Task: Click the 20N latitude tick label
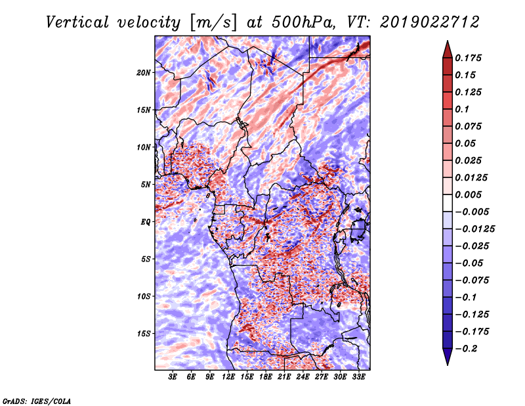(x=144, y=73)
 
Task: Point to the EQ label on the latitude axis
(x=146, y=222)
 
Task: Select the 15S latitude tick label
(x=144, y=334)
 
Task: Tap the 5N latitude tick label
(x=146, y=185)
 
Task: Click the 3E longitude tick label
(x=173, y=377)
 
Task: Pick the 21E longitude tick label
(x=284, y=377)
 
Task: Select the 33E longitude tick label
(x=358, y=377)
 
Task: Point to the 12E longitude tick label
(x=228, y=377)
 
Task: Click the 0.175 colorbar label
(x=468, y=58)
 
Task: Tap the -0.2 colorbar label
(x=466, y=349)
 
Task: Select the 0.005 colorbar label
(x=468, y=194)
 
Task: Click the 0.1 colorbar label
(x=462, y=109)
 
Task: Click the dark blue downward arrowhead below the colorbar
(x=448, y=357)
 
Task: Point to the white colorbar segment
(x=448, y=203)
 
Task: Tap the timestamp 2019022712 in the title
(x=430, y=22)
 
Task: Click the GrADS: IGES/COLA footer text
(x=37, y=401)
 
